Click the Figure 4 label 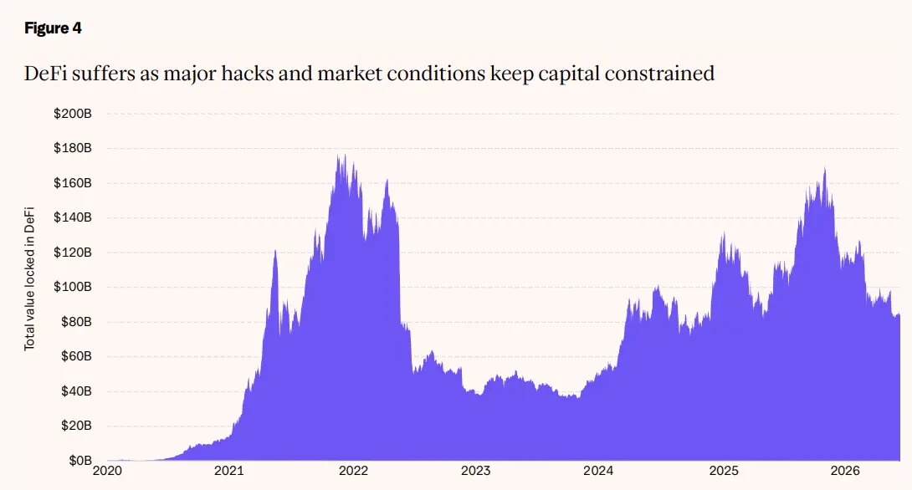53,28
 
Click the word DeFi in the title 45,74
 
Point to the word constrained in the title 659,74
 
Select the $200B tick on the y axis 73,114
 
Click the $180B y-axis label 73,148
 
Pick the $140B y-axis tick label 73,217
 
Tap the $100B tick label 73,287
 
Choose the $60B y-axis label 76,356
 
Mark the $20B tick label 76,426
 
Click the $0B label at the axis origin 79,461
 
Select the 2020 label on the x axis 108,471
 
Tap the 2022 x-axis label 354,471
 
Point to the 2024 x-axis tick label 598,471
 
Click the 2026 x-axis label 845,471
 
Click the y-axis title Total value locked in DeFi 29,279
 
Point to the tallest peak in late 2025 825,169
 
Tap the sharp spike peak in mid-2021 275,251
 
